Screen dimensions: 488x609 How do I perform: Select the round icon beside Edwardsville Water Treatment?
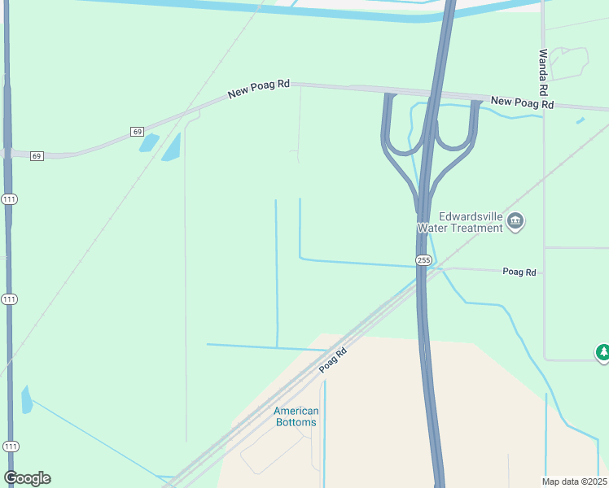click(x=515, y=221)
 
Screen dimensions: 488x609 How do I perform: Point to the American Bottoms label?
click(x=296, y=416)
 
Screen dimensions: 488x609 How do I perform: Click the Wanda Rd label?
click(x=543, y=70)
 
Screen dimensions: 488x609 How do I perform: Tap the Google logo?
click(x=27, y=478)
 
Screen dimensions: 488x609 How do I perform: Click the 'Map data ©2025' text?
click(x=574, y=481)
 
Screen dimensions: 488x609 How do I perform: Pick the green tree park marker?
click(x=602, y=352)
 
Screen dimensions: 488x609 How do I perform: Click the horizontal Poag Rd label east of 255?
click(x=519, y=272)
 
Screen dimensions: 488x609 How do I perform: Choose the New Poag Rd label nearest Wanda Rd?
click(x=523, y=102)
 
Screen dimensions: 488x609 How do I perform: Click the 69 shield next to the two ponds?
click(x=137, y=131)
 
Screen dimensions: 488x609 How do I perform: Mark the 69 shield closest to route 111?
click(x=37, y=155)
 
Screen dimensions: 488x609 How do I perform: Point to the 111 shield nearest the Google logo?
click(x=10, y=447)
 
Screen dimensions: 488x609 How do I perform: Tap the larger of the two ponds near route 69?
click(x=171, y=147)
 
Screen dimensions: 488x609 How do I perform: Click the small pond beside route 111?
click(x=27, y=399)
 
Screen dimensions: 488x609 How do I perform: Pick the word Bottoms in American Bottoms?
click(x=296, y=422)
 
